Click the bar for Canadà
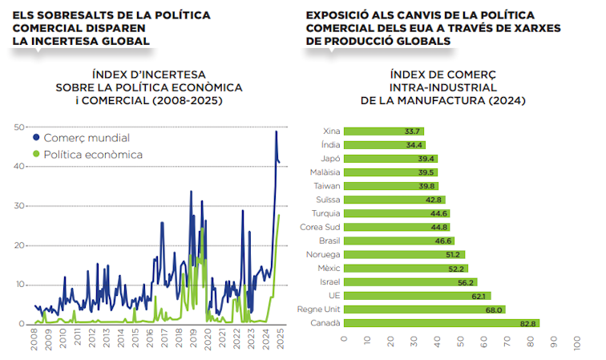(x=441, y=323)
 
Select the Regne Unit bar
(x=424, y=309)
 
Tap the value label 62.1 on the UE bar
(x=479, y=296)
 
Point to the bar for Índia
(x=385, y=145)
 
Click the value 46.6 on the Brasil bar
(x=443, y=241)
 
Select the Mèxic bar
(x=405, y=269)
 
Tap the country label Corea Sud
(x=321, y=227)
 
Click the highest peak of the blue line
(x=276, y=131)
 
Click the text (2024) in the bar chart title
(x=505, y=101)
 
